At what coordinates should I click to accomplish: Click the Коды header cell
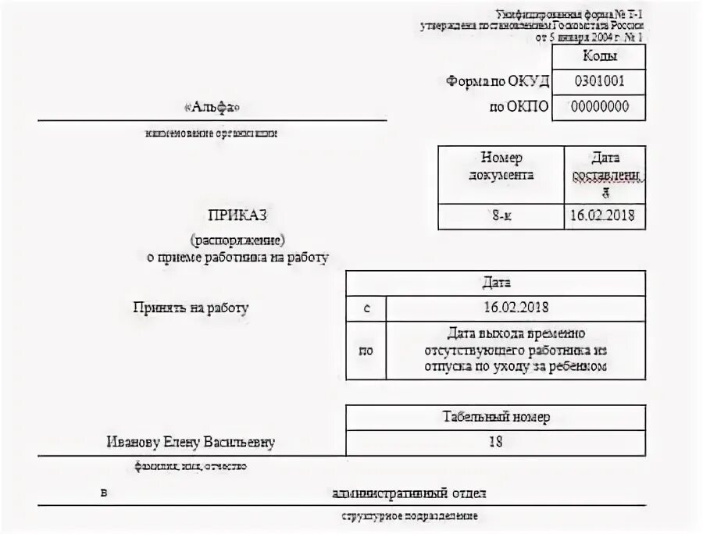click(599, 56)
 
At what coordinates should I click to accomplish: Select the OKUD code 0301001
click(599, 81)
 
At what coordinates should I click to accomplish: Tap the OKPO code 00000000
click(599, 107)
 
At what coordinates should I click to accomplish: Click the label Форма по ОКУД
click(498, 81)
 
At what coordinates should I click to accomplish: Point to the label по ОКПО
click(519, 107)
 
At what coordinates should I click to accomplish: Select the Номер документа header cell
click(501, 166)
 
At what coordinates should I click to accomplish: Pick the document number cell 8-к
click(501, 216)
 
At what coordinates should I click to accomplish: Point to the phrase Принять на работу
click(191, 308)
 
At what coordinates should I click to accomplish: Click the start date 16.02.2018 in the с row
click(516, 308)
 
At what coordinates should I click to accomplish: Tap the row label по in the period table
click(366, 351)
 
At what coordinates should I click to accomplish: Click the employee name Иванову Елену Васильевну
click(191, 443)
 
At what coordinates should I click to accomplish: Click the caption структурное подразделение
click(409, 517)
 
